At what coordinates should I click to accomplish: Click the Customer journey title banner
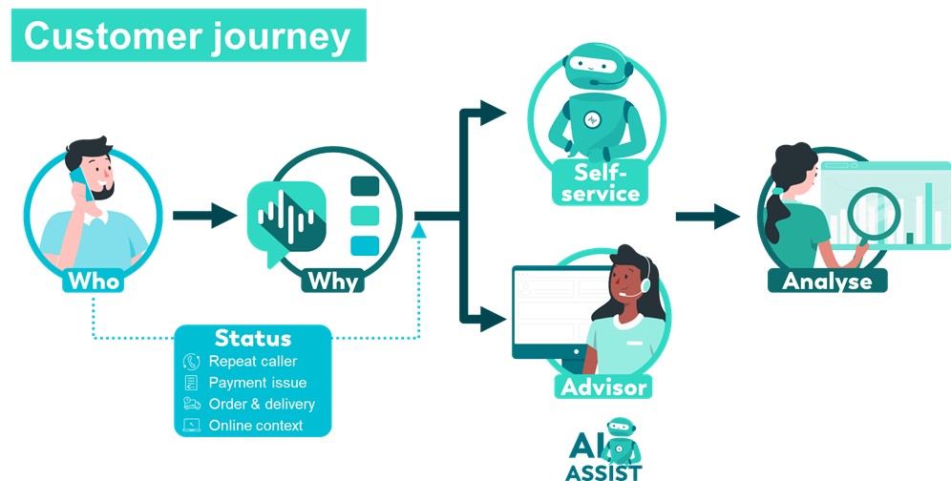189,35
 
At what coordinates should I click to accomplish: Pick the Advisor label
604,387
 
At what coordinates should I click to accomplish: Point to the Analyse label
827,281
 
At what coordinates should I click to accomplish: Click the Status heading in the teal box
253,339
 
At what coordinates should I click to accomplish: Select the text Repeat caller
253,362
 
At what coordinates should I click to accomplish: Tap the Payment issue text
258,383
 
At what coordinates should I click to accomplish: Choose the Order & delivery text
262,404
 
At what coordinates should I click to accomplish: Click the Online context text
256,425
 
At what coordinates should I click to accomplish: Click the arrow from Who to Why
204,215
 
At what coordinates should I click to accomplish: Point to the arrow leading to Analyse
708,216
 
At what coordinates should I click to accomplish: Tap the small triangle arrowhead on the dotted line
418,230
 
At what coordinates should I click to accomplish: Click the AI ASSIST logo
603,448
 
